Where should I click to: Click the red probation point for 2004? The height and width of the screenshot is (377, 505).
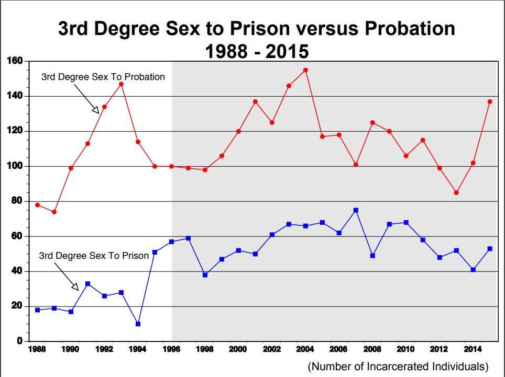pyautogui.click(x=305, y=70)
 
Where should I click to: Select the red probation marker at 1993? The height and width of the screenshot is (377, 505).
pyautogui.click(x=121, y=84)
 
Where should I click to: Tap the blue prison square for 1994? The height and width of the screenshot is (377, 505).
pyautogui.click(x=138, y=324)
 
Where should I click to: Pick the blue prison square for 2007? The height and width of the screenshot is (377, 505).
pyautogui.click(x=356, y=210)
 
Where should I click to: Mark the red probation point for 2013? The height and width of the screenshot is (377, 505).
pyautogui.click(x=456, y=192)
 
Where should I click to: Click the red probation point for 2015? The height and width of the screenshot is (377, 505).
pyautogui.click(x=490, y=101)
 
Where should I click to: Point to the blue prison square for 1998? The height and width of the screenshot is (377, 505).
pyautogui.click(x=205, y=275)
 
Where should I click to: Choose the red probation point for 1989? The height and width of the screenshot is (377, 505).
pyautogui.click(x=54, y=212)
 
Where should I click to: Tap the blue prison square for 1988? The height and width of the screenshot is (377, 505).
pyautogui.click(x=37, y=310)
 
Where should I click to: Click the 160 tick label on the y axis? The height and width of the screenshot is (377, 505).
pyautogui.click(x=15, y=61)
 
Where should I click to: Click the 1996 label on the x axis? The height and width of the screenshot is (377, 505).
pyautogui.click(x=171, y=349)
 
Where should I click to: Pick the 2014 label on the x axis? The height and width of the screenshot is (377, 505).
pyautogui.click(x=473, y=349)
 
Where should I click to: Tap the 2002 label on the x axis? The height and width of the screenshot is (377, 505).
pyautogui.click(x=272, y=349)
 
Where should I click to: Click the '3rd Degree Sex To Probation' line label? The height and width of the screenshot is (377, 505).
pyautogui.click(x=103, y=77)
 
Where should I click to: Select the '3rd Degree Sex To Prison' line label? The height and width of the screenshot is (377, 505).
pyautogui.click(x=94, y=256)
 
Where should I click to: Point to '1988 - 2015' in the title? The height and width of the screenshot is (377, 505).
pyautogui.click(x=257, y=51)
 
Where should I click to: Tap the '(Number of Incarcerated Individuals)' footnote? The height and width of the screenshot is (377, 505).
pyautogui.click(x=398, y=366)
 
